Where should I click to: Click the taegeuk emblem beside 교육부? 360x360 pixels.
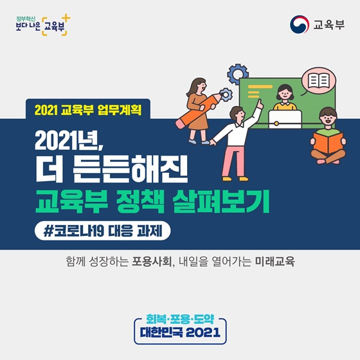tap(299, 24)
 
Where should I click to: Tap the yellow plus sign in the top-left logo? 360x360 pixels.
tap(66, 18)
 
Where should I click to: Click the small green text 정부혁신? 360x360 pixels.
tap(26, 19)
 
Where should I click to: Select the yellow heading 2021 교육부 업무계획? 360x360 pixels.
tap(88, 110)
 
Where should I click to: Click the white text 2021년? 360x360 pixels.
tap(69, 141)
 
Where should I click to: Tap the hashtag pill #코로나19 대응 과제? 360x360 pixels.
tap(103, 231)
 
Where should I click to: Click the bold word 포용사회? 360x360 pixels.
tap(152, 262)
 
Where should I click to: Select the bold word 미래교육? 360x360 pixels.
tap(275, 262)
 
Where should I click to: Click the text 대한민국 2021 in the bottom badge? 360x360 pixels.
tap(180, 332)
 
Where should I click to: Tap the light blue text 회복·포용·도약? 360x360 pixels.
tap(180, 319)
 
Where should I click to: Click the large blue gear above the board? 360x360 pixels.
tap(238, 74)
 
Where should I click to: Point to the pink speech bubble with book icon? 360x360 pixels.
tap(318, 81)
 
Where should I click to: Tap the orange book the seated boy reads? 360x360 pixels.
tap(328, 142)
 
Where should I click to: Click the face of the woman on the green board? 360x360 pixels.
tap(285, 93)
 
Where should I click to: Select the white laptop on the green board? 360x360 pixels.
tap(285, 119)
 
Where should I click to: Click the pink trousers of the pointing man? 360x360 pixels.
tap(235, 161)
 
